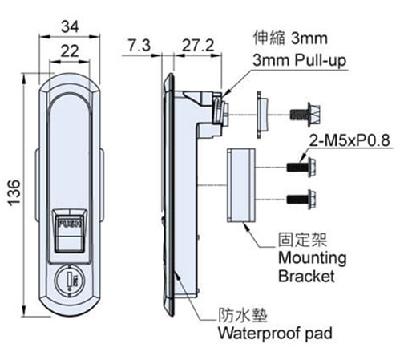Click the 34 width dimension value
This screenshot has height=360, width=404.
click(70, 27)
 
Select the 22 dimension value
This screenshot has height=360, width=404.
click(70, 51)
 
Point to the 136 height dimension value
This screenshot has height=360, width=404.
click(14, 193)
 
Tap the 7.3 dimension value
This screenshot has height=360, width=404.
click(139, 45)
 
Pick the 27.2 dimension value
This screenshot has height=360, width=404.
click(198, 46)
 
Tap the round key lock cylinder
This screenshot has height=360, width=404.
click(70, 281)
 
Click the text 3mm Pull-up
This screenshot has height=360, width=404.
click(300, 60)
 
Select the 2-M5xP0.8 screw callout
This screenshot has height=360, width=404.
click(349, 140)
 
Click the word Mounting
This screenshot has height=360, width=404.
click(313, 258)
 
